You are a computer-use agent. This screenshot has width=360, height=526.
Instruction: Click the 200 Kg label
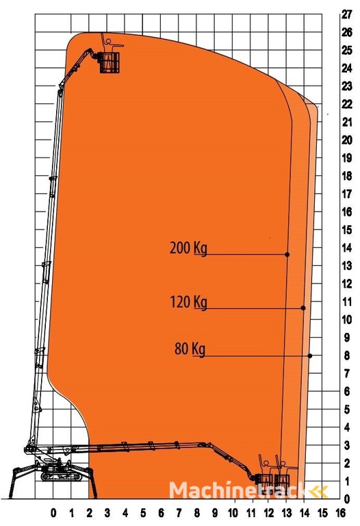[188, 249]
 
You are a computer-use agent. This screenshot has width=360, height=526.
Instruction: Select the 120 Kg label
[189, 302]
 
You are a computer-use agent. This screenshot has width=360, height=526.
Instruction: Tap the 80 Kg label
[190, 349]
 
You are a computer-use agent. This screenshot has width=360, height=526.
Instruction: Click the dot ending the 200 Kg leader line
[287, 255]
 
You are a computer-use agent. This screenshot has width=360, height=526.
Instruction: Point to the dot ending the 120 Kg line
[303, 308]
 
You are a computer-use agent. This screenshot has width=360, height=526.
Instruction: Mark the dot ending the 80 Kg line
[310, 356]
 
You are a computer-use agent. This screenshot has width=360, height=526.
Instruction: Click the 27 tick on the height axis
[347, 14]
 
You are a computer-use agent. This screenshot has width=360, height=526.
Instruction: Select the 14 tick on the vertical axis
[347, 248]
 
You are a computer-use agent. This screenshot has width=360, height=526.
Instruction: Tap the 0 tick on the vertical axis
[347, 499]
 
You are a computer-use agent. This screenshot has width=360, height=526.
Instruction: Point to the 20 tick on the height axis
[347, 140]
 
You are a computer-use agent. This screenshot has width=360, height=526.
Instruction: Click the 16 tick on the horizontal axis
[340, 513]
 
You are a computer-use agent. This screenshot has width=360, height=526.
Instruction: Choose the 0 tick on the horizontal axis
[53, 513]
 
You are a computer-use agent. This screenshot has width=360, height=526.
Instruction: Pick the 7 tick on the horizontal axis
[179, 513]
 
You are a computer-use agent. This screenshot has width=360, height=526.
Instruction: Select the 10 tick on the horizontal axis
[233, 513]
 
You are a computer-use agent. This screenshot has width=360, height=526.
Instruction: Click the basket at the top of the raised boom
[110, 62]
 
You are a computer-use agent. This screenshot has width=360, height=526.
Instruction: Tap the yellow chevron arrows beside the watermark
[318, 492]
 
